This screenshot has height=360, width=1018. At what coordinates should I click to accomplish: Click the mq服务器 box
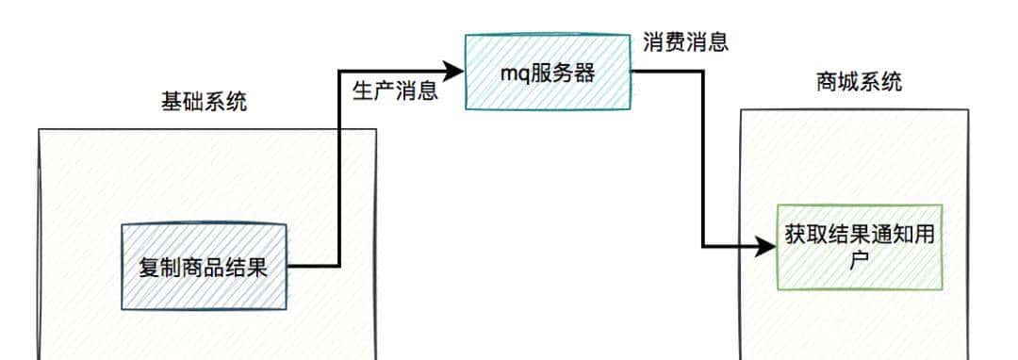(x=548, y=72)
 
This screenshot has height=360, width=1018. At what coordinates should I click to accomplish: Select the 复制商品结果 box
(x=204, y=267)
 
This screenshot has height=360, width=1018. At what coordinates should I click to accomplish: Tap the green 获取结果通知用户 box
(x=859, y=246)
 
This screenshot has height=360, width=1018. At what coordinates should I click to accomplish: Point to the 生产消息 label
(x=394, y=91)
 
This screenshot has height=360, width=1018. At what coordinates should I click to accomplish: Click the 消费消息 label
(x=685, y=42)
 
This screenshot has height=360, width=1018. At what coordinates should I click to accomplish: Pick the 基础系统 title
(x=205, y=102)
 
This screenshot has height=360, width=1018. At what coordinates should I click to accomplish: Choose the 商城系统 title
(x=858, y=83)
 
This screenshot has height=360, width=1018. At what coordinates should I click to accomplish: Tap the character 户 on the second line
(x=859, y=260)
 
